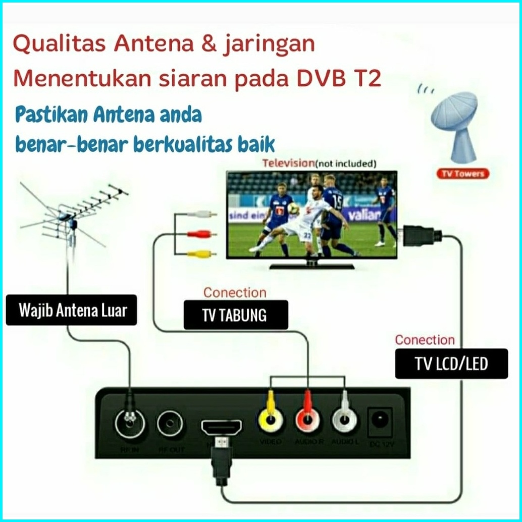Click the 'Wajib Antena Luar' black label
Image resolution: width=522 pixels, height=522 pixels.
pos(71,310)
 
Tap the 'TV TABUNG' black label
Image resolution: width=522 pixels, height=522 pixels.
pos(235,315)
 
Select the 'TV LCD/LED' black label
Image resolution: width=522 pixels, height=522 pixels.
pos(451,363)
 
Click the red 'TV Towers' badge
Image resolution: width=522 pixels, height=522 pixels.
pos(462,174)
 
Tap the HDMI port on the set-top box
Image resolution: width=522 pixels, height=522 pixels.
pos(221,429)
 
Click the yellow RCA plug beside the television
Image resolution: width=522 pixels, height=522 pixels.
pos(201,254)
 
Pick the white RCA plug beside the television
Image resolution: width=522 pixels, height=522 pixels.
pos(201,215)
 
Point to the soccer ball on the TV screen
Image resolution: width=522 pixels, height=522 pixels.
pos(292,209)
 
